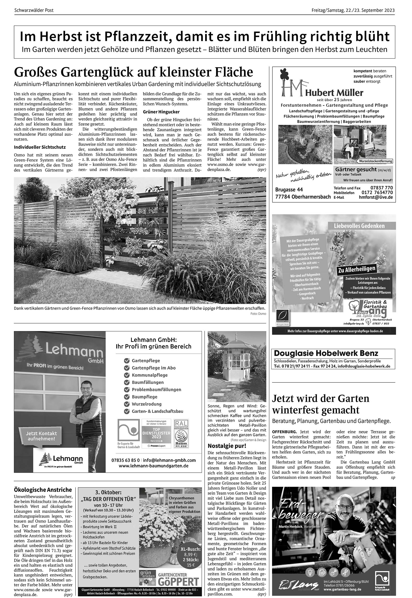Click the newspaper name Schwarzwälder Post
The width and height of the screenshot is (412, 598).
pos(34,11)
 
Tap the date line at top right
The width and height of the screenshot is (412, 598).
pos(353,11)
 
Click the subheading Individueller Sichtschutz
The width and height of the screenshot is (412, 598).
pos(40,147)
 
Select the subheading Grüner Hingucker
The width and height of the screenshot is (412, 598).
pos(161,112)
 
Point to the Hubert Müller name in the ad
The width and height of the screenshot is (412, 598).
pos(334,93)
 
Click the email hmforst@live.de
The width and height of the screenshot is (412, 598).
pos(376,197)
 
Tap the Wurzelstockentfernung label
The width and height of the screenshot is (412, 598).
pos(376,161)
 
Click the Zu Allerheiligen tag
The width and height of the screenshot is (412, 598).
pos(357,269)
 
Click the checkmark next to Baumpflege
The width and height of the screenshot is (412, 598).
pos(126,397)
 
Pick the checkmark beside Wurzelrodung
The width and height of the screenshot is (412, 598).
pos(126,404)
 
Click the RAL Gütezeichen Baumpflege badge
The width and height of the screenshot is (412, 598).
pos(181,433)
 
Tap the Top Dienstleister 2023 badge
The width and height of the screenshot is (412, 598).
pos(156,433)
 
